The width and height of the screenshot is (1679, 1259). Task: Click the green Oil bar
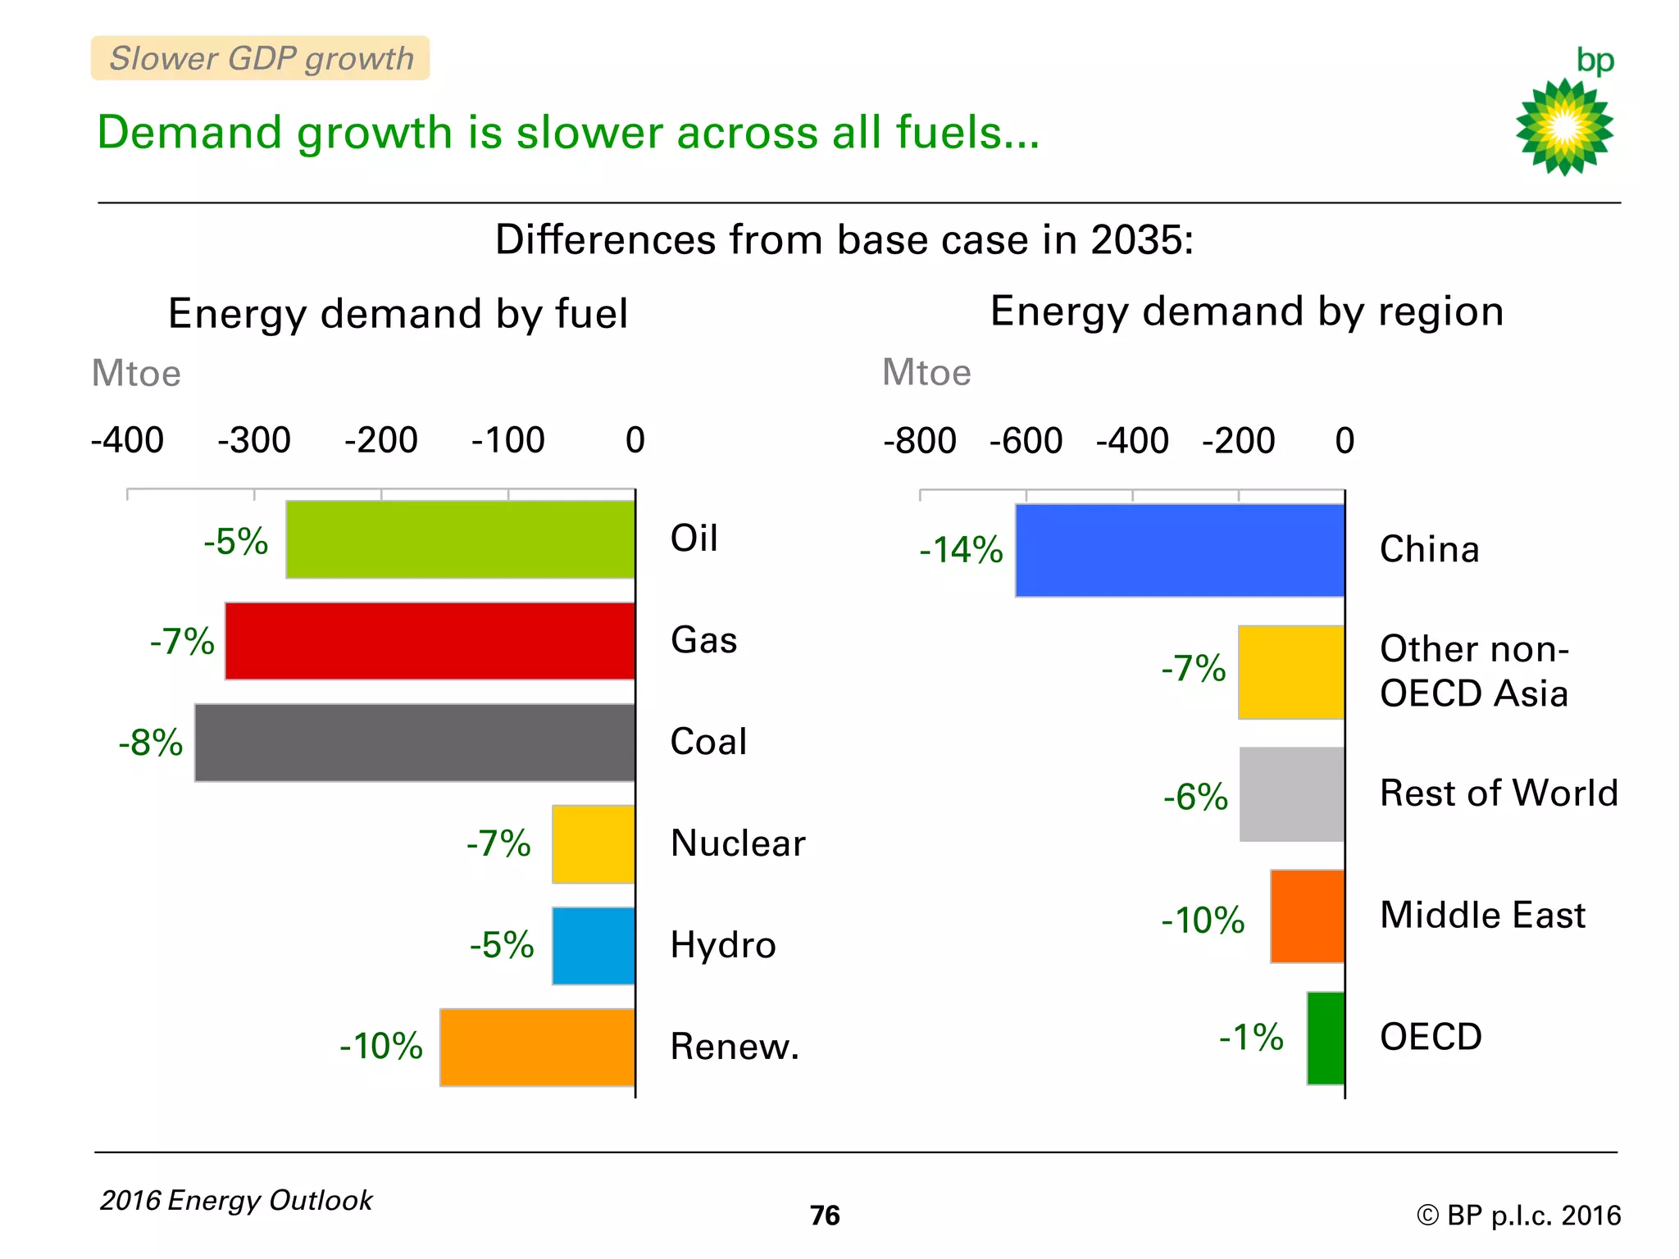[x=460, y=539]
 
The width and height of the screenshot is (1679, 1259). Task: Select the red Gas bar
[x=430, y=641]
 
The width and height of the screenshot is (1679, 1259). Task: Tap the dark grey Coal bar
[x=415, y=743]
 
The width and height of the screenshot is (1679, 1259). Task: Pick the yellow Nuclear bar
[x=593, y=844]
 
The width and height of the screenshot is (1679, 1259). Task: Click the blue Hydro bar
[x=593, y=945]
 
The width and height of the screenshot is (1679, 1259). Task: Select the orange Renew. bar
[x=537, y=1047]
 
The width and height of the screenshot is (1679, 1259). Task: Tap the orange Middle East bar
[x=1307, y=916]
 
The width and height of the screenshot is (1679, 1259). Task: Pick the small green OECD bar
[x=1325, y=1038]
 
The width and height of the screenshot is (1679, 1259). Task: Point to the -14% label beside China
[x=961, y=550]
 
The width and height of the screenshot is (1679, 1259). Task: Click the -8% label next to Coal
[x=151, y=743]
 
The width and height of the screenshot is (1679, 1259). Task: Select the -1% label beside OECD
[x=1251, y=1037]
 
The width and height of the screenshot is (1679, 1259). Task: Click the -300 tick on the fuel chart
[x=253, y=440]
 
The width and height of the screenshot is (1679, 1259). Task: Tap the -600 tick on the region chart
[x=1026, y=441]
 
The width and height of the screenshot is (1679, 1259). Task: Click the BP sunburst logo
[x=1564, y=126]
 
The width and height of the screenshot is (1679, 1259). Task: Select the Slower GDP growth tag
[x=260, y=58]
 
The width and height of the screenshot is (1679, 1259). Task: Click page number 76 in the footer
[x=825, y=1215]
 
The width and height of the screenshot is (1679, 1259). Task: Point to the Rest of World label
[x=1499, y=793]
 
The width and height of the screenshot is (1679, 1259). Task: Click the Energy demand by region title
[x=1246, y=311]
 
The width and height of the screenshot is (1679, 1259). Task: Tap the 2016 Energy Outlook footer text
[x=236, y=1200]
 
